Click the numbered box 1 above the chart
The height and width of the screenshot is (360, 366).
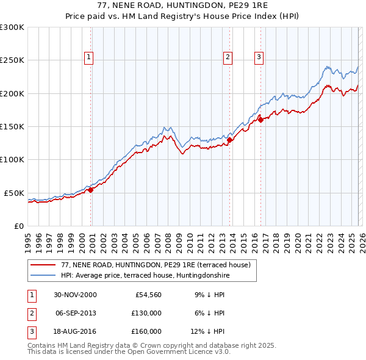click(x=88, y=57)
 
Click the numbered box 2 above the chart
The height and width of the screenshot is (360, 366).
click(x=228, y=57)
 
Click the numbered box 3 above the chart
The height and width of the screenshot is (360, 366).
click(x=259, y=57)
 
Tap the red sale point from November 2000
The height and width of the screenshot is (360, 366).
click(x=91, y=190)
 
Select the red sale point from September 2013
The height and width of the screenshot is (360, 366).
click(x=229, y=140)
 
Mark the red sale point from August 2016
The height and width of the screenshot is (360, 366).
click(x=261, y=120)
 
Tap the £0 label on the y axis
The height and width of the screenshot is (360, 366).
click(x=18, y=226)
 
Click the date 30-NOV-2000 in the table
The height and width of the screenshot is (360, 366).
click(x=75, y=295)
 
